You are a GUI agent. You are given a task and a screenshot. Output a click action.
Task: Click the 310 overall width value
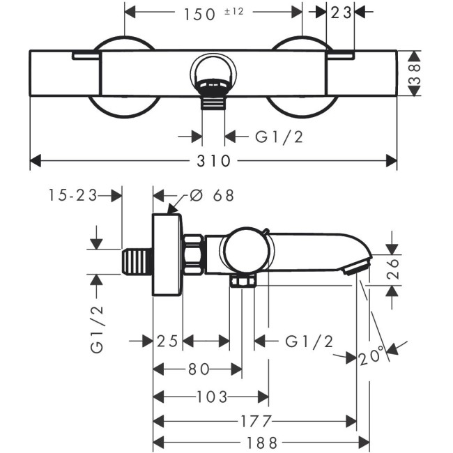(213, 161)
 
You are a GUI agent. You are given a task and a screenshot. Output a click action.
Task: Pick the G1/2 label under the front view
(279, 137)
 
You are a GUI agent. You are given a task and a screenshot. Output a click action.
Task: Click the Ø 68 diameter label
(212, 196)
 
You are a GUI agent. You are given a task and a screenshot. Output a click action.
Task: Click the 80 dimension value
(197, 369)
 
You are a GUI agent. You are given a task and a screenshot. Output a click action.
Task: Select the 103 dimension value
(212, 397)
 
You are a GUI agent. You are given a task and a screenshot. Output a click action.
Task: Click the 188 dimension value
(261, 443)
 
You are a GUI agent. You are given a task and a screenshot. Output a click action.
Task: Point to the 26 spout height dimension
(394, 267)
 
